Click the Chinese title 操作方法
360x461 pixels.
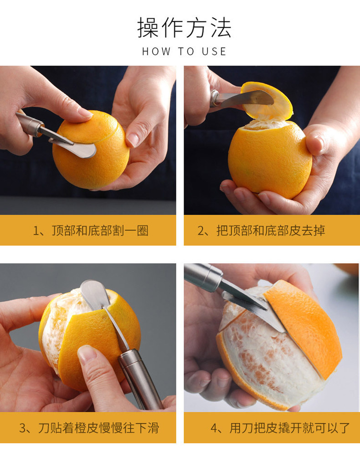pyautogui.click(x=184, y=27)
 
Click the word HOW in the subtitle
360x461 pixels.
pyautogui.click(x=156, y=51)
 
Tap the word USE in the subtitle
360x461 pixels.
pyautogui.click(x=214, y=51)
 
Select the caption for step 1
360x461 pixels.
pyautogui.click(x=91, y=230)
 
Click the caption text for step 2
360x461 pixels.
pyautogui.click(x=261, y=230)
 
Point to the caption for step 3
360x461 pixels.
pyautogui.click(x=89, y=428)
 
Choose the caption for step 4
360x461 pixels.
pyautogui.click(x=280, y=428)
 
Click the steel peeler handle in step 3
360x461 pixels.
pyautogui.click(x=140, y=379)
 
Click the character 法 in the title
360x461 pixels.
pyautogui.click(x=221, y=27)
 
